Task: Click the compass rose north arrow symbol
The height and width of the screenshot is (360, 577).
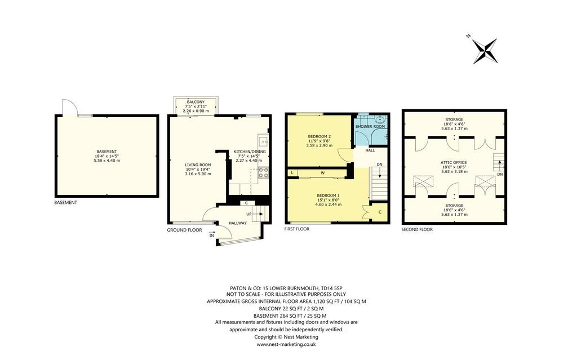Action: pos(485,51)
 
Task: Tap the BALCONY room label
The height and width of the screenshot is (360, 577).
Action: pos(196,102)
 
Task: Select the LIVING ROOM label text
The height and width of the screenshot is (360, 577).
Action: pos(198,165)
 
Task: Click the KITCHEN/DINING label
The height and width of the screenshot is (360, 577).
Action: pos(250,152)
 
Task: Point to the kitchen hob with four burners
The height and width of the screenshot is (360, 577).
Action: pos(263,172)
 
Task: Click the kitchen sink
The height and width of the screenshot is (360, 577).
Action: pos(264,140)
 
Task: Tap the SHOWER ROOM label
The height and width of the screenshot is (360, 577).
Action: pos(370,127)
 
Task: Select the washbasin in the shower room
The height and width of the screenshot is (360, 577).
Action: pos(380,119)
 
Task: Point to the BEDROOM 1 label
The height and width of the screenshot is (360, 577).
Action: pos(329,195)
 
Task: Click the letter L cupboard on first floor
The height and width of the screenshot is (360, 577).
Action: pos(292,172)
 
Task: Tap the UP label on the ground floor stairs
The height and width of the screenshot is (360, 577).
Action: pos(249,214)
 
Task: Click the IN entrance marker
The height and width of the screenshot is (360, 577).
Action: pos(212,235)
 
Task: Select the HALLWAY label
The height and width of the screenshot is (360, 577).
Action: pos(238,223)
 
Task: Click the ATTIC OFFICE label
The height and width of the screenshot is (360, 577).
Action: pos(454,163)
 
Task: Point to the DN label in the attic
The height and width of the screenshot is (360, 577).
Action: pos(500,175)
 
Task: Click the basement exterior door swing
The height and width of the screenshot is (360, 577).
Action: pos(70,106)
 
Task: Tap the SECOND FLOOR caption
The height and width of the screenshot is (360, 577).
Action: pos(417,230)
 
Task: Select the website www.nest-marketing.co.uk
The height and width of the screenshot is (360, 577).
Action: pos(286,345)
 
